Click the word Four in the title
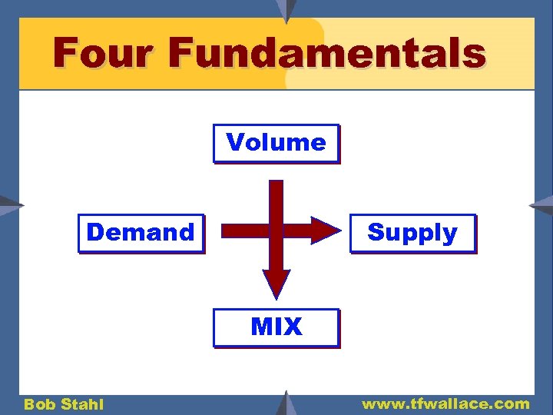[105, 54]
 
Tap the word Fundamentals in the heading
[327, 54]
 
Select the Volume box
[276, 143]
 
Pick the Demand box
[141, 233]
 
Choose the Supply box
[412, 233]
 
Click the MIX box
[276, 327]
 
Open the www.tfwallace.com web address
[445, 403]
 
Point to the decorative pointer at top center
[286, 10]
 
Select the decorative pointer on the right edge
[542, 204]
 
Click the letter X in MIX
[292, 327]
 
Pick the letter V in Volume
[234, 142]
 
